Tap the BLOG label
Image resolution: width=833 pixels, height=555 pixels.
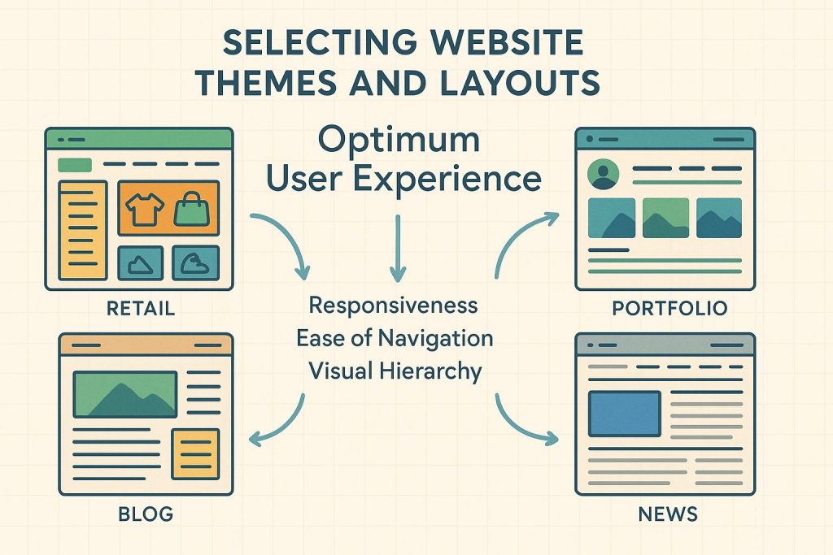(x=146, y=514)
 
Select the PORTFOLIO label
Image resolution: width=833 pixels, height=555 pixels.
(x=671, y=309)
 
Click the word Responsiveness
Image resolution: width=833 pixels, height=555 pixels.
(x=394, y=306)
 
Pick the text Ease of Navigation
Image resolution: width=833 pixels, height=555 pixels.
(x=394, y=338)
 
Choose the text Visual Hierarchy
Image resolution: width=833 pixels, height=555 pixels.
(x=395, y=371)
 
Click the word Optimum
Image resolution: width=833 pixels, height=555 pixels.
(x=399, y=140)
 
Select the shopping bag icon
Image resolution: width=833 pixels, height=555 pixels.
(x=192, y=210)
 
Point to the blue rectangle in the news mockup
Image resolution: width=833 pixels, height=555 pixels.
(x=624, y=413)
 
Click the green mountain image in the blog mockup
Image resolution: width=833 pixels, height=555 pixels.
(x=125, y=394)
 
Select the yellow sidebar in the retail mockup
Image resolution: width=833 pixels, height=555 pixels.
(x=83, y=231)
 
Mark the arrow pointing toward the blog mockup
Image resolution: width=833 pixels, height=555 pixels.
(x=277, y=423)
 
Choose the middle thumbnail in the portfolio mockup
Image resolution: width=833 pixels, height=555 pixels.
(x=665, y=217)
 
